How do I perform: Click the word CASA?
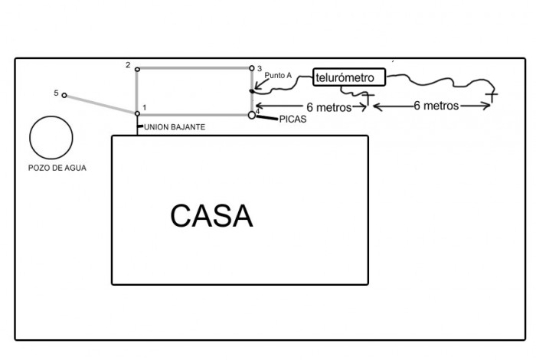point(211,216)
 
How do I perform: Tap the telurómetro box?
point(348,77)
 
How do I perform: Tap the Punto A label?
point(278,75)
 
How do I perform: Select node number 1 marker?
point(137,114)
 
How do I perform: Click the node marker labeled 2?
point(137,69)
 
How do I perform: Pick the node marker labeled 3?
point(251,68)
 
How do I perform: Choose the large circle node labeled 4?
point(252,115)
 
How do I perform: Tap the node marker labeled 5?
point(64,95)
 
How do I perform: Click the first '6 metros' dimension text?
point(328,107)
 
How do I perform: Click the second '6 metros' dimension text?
point(436,106)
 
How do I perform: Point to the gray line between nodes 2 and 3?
point(194,69)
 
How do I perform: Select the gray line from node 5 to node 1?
point(100,104)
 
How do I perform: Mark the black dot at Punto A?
point(251,91)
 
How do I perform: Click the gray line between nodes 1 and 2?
point(137,92)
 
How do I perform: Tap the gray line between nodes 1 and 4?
point(194,114)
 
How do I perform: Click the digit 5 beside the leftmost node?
point(56,93)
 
